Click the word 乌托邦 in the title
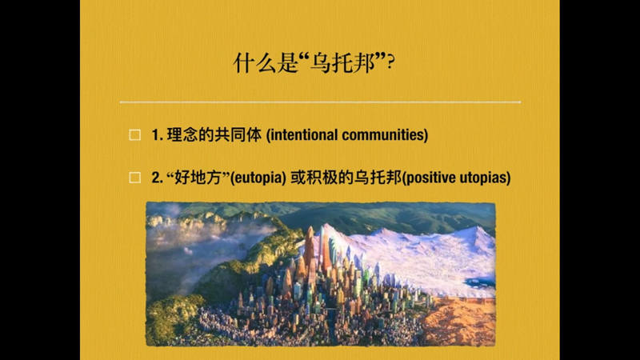tap(343, 63)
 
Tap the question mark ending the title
tap(390, 63)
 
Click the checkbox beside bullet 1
tap(134, 134)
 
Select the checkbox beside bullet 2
tap(134, 178)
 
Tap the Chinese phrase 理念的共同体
tap(214, 134)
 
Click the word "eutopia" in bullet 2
tap(258, 178)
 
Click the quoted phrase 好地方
tap(198, 177)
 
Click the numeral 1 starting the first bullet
tap(155, 135)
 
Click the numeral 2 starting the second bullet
tap(156, 178)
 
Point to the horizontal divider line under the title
tap(321, 102)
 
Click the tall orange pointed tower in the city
tap(310, 245)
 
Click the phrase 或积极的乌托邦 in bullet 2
tap(346, 177)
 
